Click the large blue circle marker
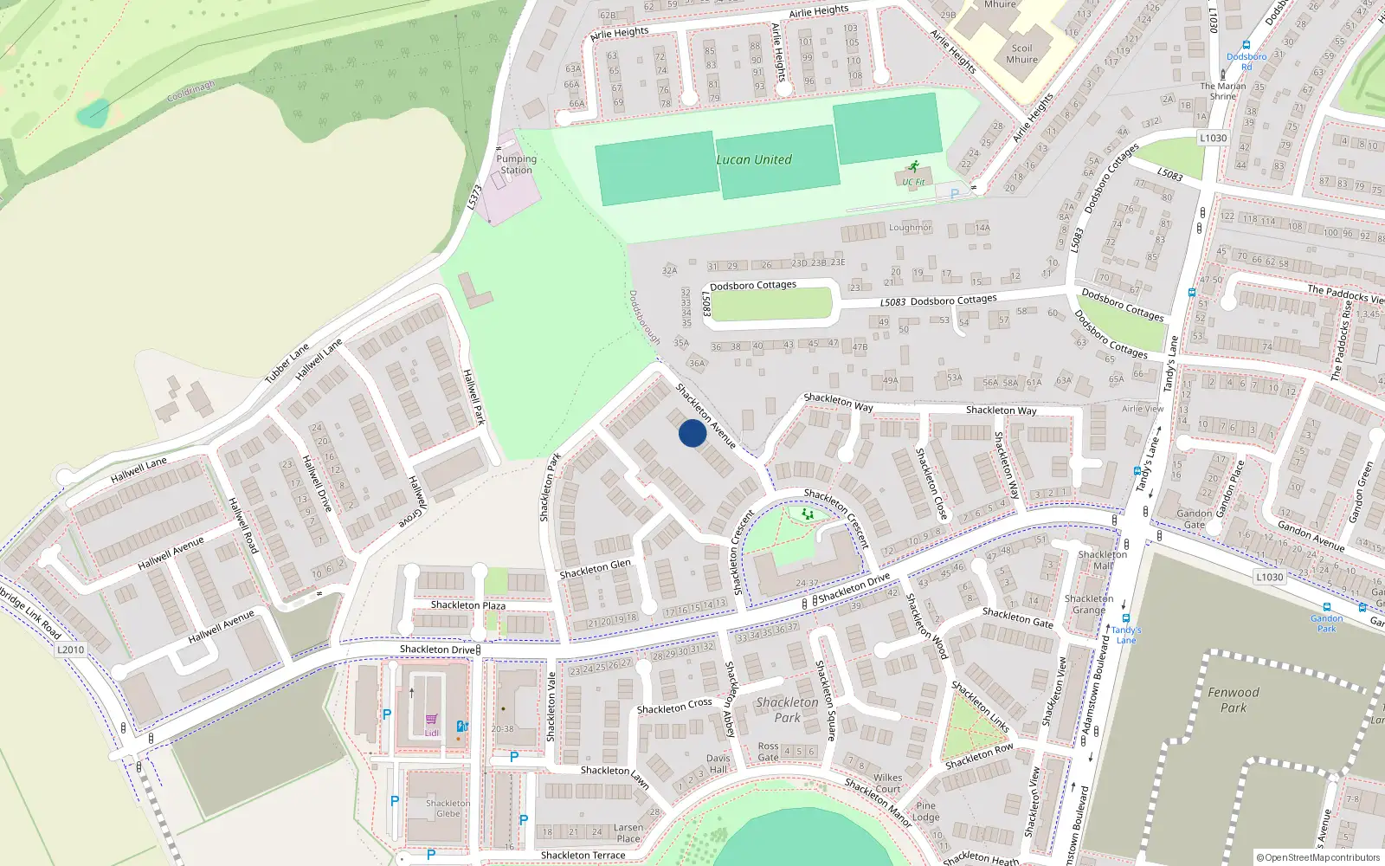pyautogui.click(x=692, y=433)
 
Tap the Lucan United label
pyautogui.click(x=753, y=159)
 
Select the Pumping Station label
pyautogui.click(x=516, y=165)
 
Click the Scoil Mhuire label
pyautogui.click(x=1021, y=55)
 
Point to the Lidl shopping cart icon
pyautogui.click(x=431, y=720)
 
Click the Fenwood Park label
pyautogui.click(x=1234, y=700)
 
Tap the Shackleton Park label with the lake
pyautogui.click(x=787, y=709)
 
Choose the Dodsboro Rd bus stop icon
pyautogui.click(x=1246, y=45)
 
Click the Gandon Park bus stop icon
pyautogui.click(x=1326, y=607)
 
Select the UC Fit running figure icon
pyautogui.click(x=912, y=167)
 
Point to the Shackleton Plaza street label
pyautogui.click(x=468, y=604)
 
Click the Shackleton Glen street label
pyautogui.click(x=595, y=569)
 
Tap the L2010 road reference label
pyautogui.click(x=71, y=649)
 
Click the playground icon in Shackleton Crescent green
pyautogui.click(x=808, y=514)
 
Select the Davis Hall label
pyautogui.click(x=718, y=764)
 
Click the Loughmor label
pyautogui.click(x=910, y=228)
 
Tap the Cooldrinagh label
pyautogui.click(x=190, y=90)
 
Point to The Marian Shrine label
pyautogui.click(x=1223, y=91)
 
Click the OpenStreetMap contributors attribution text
pyautogui.click(x=1317, y=858)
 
